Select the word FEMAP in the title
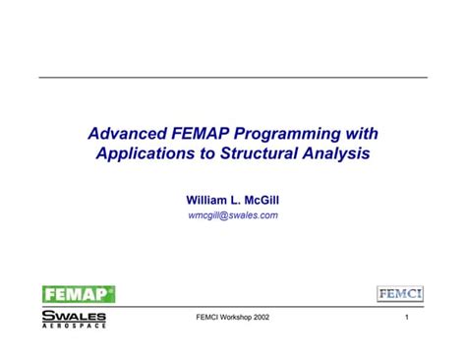click(206, 133)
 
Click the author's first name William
click(205, 200)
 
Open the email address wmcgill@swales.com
click(233, 215)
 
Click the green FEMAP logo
click(79, 293)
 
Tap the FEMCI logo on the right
click(400, 294)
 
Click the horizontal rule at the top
click(233, 77)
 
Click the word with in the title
click(361, 133)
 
